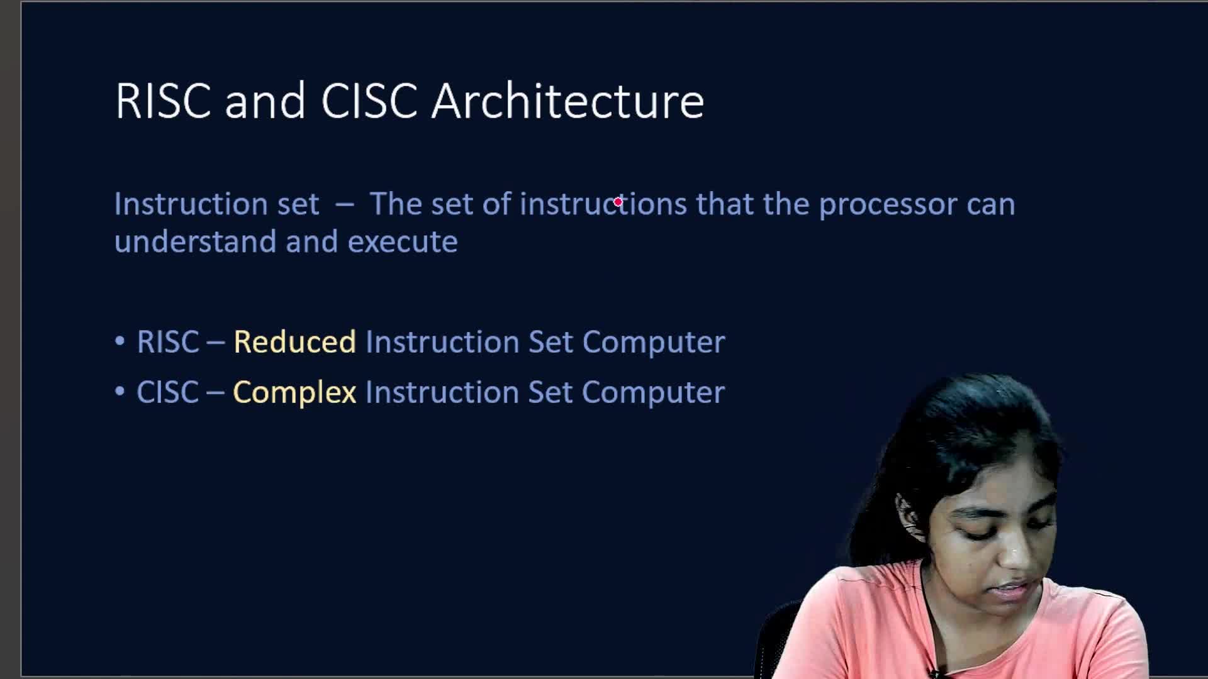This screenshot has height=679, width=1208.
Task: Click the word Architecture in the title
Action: tap(568, 101)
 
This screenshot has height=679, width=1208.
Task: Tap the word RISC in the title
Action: tap(163, 101)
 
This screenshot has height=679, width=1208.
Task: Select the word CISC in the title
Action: tap(369, 101)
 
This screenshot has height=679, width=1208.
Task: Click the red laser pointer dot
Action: tap(618, 202)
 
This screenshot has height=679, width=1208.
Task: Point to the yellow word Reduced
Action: tap(294, 342)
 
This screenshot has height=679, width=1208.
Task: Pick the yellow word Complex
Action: tap(294, 393)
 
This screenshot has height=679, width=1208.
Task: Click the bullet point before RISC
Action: tap(120, 342)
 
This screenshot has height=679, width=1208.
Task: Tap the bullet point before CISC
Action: tap(120, 392)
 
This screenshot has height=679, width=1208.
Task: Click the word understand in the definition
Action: tap(195, 241)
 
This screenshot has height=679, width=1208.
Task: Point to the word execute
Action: tap(403, 242)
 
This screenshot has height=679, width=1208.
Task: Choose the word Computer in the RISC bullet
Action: tap(654, 343)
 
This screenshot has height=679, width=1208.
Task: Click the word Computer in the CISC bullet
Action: tap(654, 393)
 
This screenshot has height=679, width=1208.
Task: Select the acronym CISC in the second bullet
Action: tap(167, 392)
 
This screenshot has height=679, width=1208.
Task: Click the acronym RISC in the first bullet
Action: tap(168, 342)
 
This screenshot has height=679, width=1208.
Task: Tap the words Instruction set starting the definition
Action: tap(216, 204)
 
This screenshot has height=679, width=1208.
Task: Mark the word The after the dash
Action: tap(396, 204)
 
